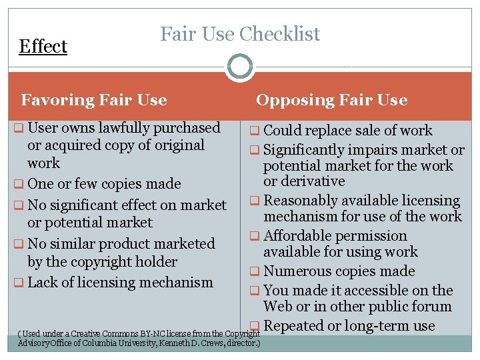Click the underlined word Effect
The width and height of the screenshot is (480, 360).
point(43,47)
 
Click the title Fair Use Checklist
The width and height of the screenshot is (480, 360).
point(240,33)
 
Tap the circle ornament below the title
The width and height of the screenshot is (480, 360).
point(240,67)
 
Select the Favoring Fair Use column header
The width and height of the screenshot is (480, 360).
point(94,100)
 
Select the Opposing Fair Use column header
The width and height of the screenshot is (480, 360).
point(331,100)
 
